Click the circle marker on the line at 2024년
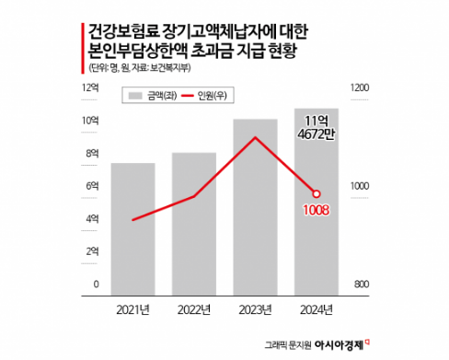[316, 193]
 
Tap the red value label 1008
[316, 210]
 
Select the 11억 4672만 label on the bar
[316, 128]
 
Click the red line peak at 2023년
[255, 138]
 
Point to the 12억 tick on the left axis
[91, 88]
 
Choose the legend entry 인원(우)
[211, 94]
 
